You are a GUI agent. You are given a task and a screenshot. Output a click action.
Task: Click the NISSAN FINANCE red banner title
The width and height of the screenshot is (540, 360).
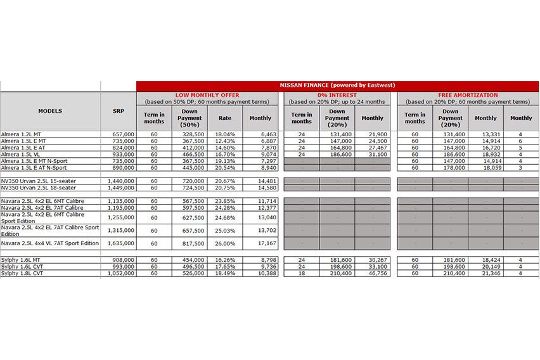coord(337,86)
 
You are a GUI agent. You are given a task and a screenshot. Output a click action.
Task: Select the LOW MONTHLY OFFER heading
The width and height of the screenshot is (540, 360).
coord(207,95)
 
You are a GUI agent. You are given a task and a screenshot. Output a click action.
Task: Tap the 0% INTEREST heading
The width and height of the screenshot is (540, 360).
coord(337,95)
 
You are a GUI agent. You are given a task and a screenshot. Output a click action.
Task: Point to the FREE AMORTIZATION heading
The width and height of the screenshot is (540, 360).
coord(468,95)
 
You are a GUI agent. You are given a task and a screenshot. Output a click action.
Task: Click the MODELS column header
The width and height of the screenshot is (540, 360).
coord(50,110)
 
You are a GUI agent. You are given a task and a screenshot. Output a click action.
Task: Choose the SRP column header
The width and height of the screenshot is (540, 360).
coord(118,110)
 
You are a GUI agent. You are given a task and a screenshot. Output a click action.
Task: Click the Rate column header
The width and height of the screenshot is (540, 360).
coord(225,118)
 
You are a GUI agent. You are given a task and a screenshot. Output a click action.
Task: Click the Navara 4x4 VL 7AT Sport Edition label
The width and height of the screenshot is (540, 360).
coord(50,243)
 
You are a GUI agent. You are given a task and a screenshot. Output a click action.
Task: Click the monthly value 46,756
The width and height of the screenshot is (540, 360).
coord(373,273)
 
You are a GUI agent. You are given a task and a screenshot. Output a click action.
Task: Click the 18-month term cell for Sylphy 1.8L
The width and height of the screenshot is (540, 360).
coord(301,273)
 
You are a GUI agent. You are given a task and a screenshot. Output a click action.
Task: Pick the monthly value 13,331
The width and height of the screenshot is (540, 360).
coord(486,134)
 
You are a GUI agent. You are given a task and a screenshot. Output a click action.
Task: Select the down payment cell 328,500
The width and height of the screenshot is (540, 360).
coord(190,134)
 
